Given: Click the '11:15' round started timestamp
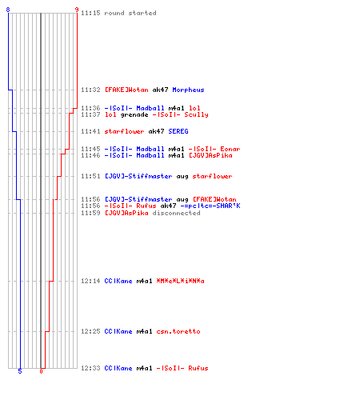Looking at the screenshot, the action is pyautogui.click(x=90, y=13).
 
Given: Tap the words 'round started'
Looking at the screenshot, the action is pyautogui.click(x=130, y=13).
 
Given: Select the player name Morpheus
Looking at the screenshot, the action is pyautogui.click(x=188, y=90).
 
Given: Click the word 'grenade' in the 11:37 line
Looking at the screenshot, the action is pyautogui.click(x=134, y=115).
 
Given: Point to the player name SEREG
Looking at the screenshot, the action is pyautogui.click(x=178, y=131).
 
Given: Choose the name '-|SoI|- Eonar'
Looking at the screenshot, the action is pyautogui.click(x=214, y=149).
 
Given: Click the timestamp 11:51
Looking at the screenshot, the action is pyautogui.click(x=90, y=176).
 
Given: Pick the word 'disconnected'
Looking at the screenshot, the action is pyautogui.click(x=176, y=213).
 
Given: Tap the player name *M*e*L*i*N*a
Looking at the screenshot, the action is pyautogui.click(x=181, y=281).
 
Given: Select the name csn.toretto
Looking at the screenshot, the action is pyautogui.click(x=178, y=331).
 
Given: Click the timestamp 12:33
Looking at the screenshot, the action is pyautogui.click(x=90, y=368).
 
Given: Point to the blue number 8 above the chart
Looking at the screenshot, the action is pyautogui.click(x=8, y=10).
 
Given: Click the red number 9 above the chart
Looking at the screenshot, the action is pyautogui.click(x=77, y=10).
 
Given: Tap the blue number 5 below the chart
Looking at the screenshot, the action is pyautogui.click(x=20, y=371).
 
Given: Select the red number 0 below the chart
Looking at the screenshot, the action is pyautogui.click(x=41, y=371).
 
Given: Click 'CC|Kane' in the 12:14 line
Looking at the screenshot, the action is pyautogui.click(x=118, y=281).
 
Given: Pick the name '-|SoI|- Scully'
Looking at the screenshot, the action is pyautogui.click(x=181, y=114).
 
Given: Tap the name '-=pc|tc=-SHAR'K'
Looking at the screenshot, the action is pyautogui.click(x=210, y=206).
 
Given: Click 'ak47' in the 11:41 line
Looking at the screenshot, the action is pyautogui.click(x=156, y=131).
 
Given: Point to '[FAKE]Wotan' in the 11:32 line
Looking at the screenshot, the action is pyautogui.click(x=126, y=90).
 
